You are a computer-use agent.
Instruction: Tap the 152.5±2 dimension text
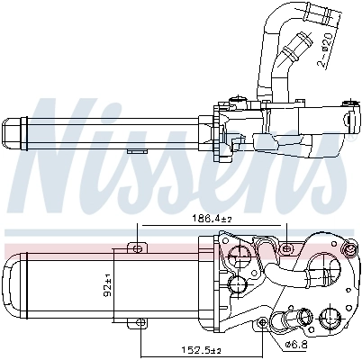tap(199, 351)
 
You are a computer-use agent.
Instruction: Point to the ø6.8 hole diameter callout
tap(297, 343)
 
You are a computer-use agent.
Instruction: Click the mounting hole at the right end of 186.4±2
tap(286, 246)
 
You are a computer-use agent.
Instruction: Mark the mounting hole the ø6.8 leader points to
tap(265, 322)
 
